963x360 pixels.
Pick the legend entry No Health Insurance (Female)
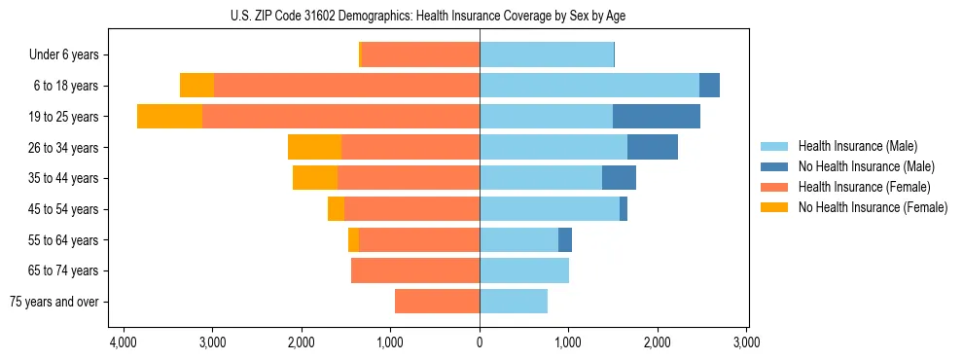pyautogui.click(x=873, y=207)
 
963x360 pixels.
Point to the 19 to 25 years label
pyautogui.click(x=64, y=117)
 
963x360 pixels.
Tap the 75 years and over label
pyautogui.click(x=54, y=302)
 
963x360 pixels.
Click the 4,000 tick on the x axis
pyautogui.click(x=123, y=343)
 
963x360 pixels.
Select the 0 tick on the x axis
pyautogui.click(x=480, y=343)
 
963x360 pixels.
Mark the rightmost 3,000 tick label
pyautogui.click(x=746, y=343)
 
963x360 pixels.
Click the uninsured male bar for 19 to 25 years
pyautogui.click(x=657, y=117)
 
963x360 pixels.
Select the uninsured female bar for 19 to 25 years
pyautogui.click(x=169, y=117)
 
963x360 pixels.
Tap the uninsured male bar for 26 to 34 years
pyautogui.click(x=653, y=147)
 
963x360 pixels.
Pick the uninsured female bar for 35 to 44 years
pyautogui.click(x=315, y=178)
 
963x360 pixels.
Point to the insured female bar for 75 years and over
pyautogui.click(x=437, y=302)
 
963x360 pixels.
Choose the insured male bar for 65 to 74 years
pyautogui.click(x=524, y=270)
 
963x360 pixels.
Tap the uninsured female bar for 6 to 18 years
pyautogui.click(x=196, y=86)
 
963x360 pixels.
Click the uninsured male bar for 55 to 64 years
pyautogui.click(x=565, y=239)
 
